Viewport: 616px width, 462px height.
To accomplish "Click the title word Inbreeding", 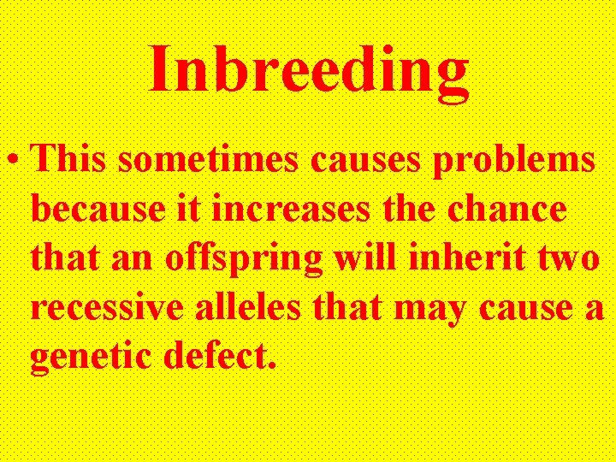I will click(x=309, y=70).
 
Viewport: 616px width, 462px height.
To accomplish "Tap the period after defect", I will click(x=272, y=368).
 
